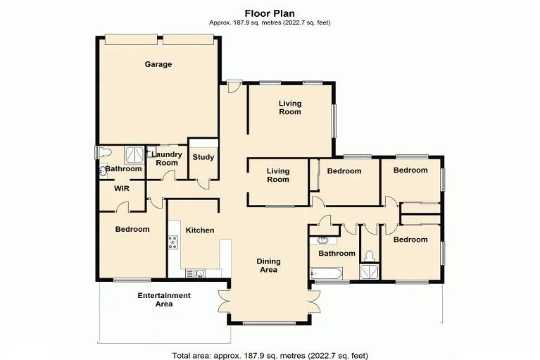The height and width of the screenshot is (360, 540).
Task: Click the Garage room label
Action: click(158, 64)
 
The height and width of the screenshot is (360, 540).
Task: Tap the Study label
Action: click(203, 157)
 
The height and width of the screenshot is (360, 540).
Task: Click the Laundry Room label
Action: click(167, 159)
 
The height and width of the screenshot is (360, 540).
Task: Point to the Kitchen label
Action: click(199, 230)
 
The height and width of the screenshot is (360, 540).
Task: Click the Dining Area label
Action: click(268, 266)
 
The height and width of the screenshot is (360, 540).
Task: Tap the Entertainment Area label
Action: click(164, 299)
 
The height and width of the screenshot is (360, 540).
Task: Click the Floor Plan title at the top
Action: click(270, 13)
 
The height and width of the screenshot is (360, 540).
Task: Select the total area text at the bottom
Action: click(270, 354)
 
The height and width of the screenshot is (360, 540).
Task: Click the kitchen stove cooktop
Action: click(172, 244)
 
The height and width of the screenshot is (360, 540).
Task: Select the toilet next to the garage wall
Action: click(103, 152)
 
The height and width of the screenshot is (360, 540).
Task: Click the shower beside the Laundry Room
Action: click(132, 154)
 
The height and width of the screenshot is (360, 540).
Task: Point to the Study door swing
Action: click(203, 185)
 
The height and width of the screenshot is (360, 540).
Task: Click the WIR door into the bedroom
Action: click(123, 206)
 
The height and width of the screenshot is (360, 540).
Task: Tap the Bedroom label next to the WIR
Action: click(132, 229)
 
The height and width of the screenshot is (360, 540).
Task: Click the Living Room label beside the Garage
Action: click(289, 107)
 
